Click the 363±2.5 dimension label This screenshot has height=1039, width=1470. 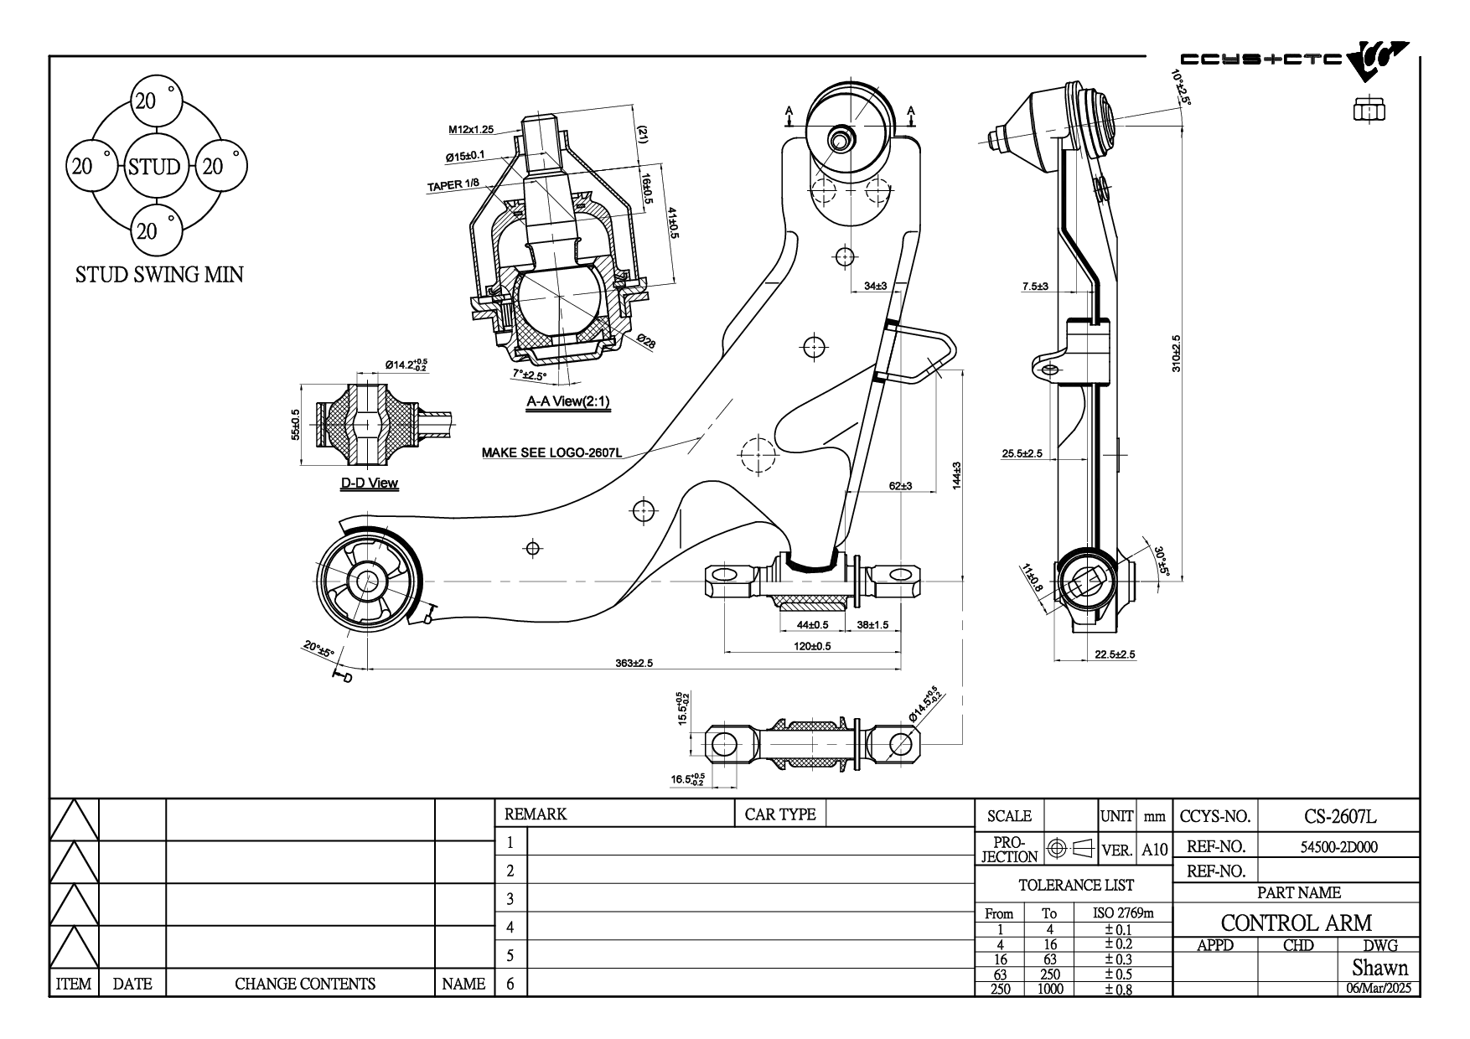[634, 664]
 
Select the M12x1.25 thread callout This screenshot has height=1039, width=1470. [471, 130]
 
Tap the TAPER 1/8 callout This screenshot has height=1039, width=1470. [453, 186]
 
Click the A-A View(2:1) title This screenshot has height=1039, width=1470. [568, 401]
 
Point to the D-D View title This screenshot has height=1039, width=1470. [369, 483]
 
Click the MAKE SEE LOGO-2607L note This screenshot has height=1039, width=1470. [551, 453]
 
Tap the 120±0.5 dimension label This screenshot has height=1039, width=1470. [812, 646]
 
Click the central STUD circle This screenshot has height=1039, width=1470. [154, 166]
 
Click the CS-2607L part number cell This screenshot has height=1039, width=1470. [1340, 816]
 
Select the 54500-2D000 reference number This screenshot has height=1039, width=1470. [1338, 846]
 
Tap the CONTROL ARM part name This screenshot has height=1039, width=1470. [1297, 923]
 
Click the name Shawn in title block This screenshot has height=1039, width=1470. [1379, 968]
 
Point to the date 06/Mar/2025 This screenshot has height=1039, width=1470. [1379, 988]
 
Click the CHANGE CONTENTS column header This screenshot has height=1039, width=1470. [305, 984]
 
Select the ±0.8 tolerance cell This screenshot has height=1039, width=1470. [1117, 989]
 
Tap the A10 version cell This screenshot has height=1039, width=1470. [1154, 850]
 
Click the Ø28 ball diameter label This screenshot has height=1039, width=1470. [646, 342]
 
